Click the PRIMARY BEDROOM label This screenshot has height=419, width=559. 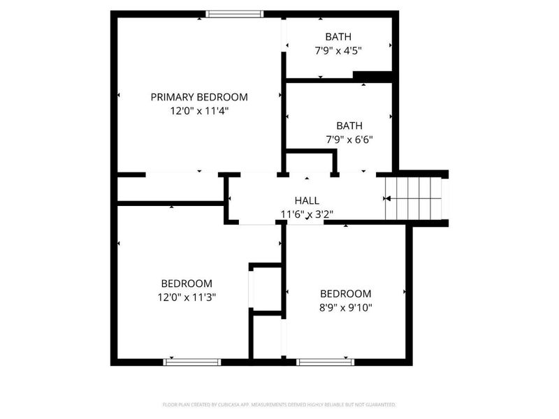(x=199, y=97)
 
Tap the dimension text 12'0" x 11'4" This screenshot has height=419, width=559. (x=199, y=110)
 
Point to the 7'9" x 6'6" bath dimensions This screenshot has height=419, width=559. (x=349, y=139)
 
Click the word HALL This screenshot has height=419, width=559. (x=307, y=200)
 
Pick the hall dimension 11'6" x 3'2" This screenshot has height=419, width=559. (x=307, y=214)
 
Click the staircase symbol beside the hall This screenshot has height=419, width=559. (x=414, y=198)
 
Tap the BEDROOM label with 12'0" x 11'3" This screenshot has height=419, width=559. (x=187, y=284)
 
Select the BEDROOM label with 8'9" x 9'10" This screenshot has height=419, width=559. (x=345, y=293)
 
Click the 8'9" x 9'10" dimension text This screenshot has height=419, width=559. (x=345, y=307)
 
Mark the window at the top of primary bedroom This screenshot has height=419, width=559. (x=235, y=13)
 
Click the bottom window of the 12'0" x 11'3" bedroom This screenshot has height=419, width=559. (x=192, y=362)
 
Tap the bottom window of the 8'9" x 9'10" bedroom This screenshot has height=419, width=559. (x=325, y=362)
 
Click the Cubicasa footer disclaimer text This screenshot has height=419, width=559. (x=279, y=404)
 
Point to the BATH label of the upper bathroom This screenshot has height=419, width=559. (x=338, y=36)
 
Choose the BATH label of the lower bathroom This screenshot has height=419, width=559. (x=349, y=126)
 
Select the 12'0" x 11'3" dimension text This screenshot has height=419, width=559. (x=187, y=297)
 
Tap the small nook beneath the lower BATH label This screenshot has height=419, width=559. (x=310, y=163)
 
